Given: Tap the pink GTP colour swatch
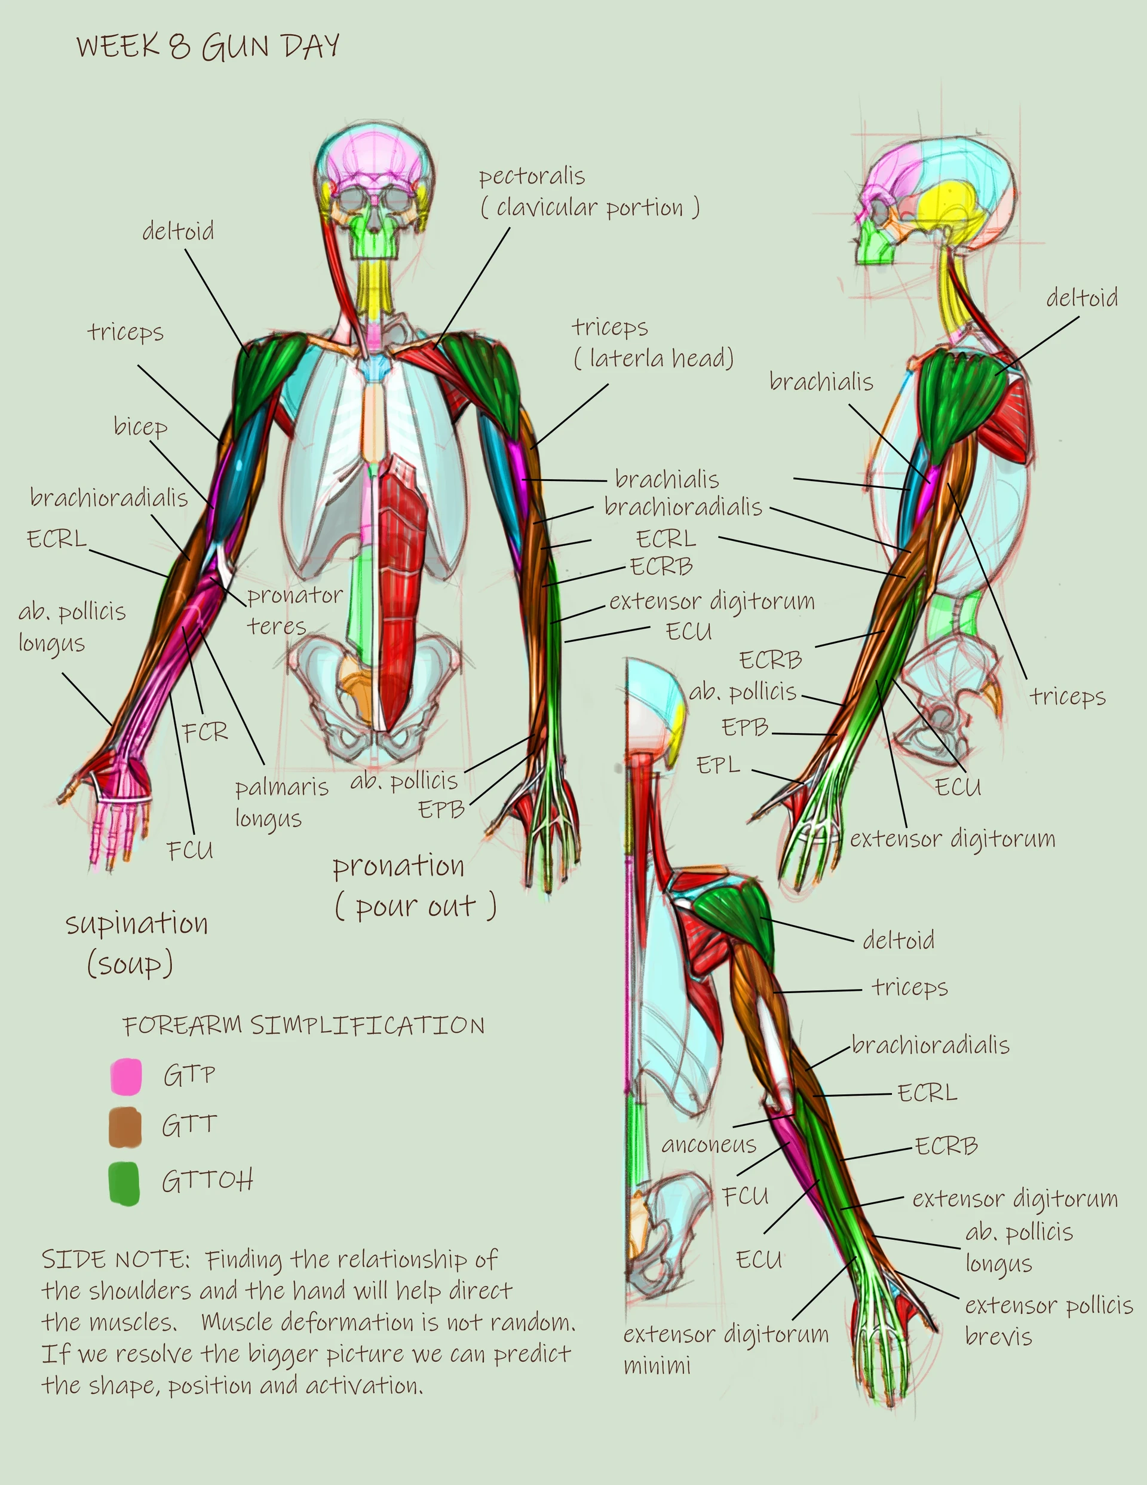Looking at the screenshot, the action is click(x=126, y=1076).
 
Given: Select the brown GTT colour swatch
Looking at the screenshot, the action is click(x=125, y=1126).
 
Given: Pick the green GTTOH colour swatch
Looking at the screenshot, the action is click(x=124, y=1184).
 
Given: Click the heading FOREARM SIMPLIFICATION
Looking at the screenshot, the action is click(x=303, y=1025).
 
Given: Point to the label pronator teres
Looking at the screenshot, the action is click(x=295, y=610).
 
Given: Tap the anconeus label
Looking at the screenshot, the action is click(x=709, y=1144).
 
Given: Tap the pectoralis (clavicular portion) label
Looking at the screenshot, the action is click(x=590, y=192).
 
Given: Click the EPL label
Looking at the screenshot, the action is click(x=718, y=765).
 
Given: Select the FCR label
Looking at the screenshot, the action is click(x=205, y=732).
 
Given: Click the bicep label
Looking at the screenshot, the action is click(x=140, y=427).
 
